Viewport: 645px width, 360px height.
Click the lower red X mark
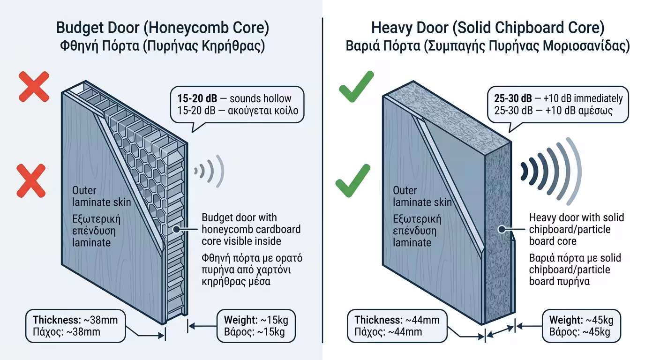click(x=31, y=180)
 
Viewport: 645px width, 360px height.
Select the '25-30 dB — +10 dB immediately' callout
click(x=557, y=105)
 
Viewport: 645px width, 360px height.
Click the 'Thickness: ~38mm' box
click(x=75, y=326)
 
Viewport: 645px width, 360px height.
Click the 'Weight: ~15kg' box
click(x=257, y=326)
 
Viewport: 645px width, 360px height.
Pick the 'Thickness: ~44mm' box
click(x=397, y=326)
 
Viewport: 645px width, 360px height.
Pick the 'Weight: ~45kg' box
click(x=581, y=326)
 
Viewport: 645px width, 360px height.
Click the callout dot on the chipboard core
click(x=502, y=229)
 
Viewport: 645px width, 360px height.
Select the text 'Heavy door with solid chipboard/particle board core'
click(x=576, y=229)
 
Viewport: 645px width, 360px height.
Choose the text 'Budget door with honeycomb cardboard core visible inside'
click(x=251, y=229)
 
